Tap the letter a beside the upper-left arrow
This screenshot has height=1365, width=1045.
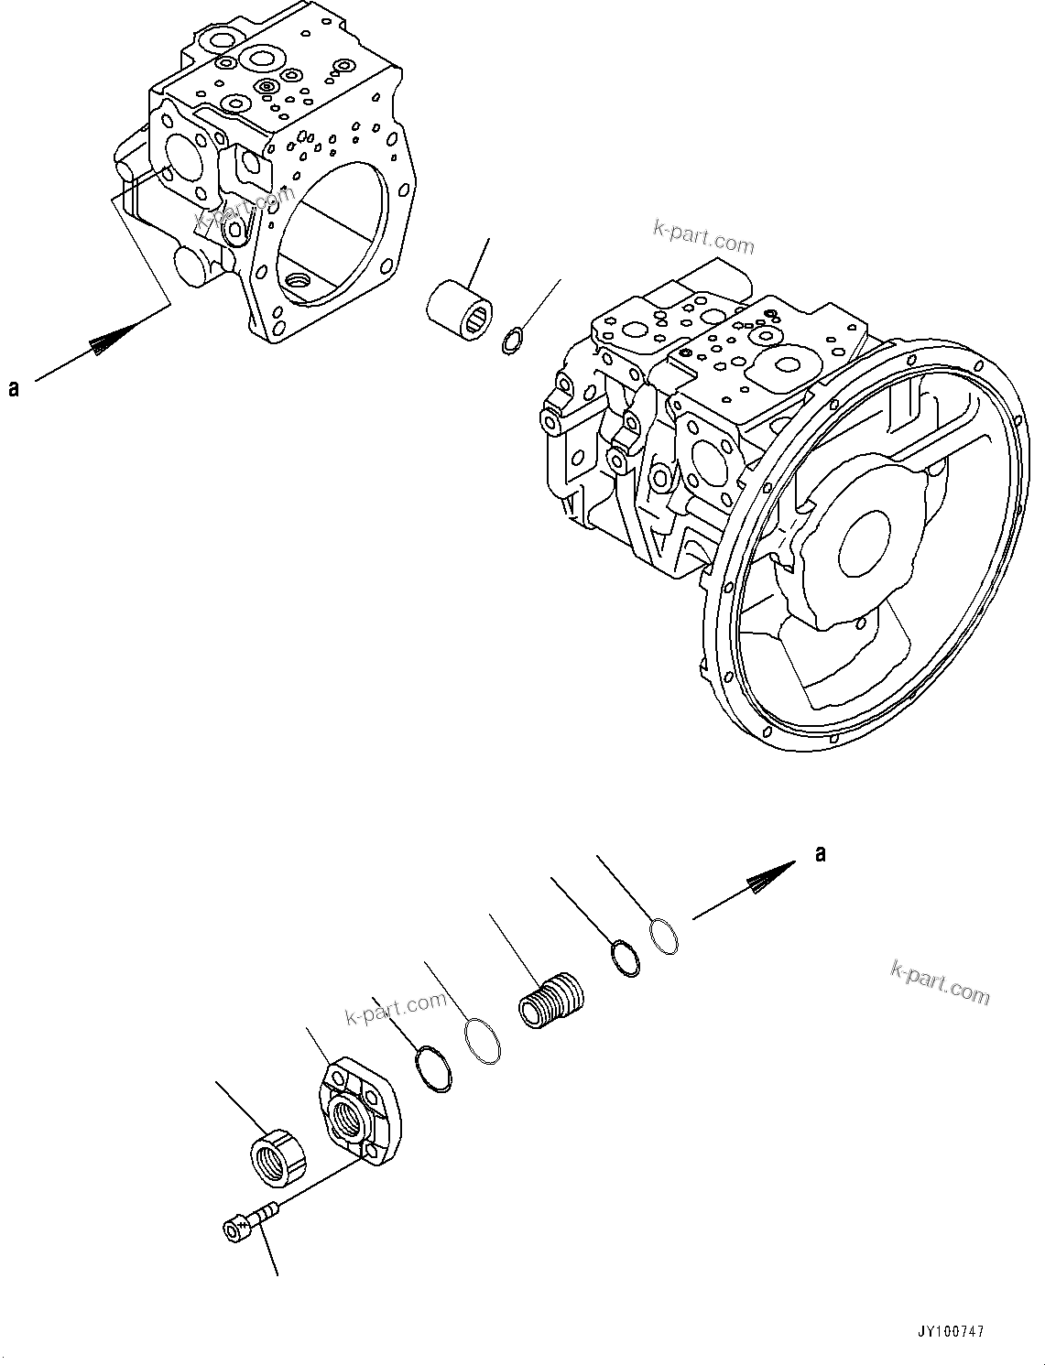click(x=14, y=388)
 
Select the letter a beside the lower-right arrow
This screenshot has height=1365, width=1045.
click(x=821, y=853)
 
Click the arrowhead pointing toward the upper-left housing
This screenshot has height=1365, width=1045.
click(x=112, y=338)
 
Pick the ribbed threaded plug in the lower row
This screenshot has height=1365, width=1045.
click(x=550, y=1001)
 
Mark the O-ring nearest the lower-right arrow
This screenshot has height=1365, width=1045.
click(x=664, y=937)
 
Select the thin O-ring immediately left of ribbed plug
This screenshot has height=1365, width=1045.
click(x=482, y=1042)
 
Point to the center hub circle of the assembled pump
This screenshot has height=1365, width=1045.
click(x=863, y=539)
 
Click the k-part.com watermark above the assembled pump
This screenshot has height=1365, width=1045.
click(x=703, y=240)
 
